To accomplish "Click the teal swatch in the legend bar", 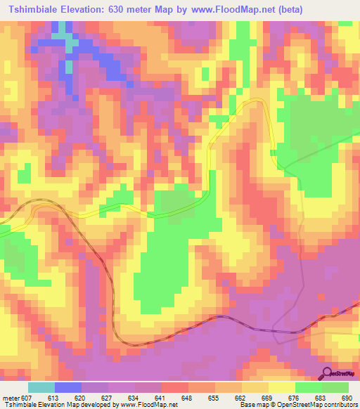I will pyautogui.click(x=41, y=387).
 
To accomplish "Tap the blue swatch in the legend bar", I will pyautogui.click(x=68, y=387).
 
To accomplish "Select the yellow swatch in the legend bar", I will pyautogui.click(x=282, y=387).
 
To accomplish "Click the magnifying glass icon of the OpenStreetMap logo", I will pyautogui.click(x=327, y=372).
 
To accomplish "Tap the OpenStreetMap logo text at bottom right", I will pyautogui.click(x=343, y=374).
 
